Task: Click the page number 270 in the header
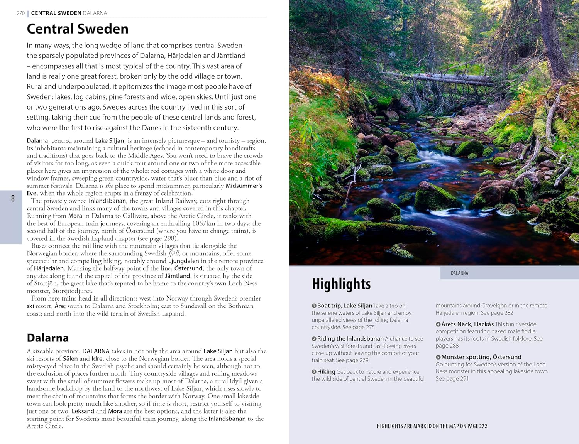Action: click(20, 13)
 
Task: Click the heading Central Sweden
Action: click(78, 29)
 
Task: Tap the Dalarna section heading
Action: click(48, 338)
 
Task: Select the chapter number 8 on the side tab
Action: click(13, 198)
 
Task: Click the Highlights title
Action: click(341, 284)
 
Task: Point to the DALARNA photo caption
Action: click(459, 273)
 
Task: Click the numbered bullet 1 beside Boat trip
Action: click(314, 306)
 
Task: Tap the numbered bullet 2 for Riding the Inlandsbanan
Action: click(314, 339)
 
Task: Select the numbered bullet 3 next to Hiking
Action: click(314, 372)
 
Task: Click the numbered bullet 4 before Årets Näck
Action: click(438, 324)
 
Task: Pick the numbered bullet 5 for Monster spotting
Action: click(438, 357)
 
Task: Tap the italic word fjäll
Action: click(174, 253)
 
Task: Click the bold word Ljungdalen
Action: click(183, 261)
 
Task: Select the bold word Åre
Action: click(59, 306)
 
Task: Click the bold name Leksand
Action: click(83, 411)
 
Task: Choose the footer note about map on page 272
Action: click(432, 426)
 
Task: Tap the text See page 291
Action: click(452, 379)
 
